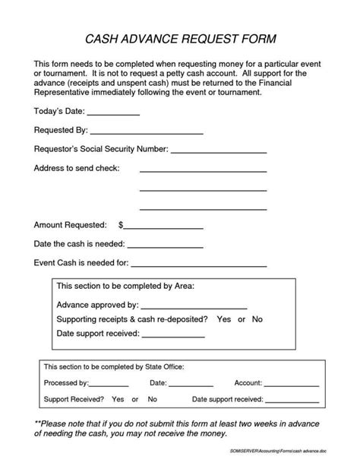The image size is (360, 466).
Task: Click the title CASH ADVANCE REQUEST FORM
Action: (179, 39)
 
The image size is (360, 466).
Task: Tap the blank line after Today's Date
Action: (116, 115)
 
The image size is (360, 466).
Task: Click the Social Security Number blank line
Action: (219, 152)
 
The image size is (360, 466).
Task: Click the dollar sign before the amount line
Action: (121, 226)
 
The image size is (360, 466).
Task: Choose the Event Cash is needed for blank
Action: (200, 266)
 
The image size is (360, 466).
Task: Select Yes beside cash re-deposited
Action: (224, 319)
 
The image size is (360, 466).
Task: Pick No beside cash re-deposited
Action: (257, 319)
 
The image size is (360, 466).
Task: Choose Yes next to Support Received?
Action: (118, 400)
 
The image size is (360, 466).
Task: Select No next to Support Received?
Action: (153, 400)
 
